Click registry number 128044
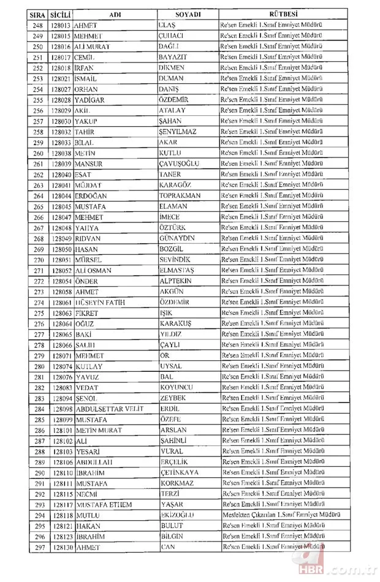click(62, 195)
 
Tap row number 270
click(39, 260)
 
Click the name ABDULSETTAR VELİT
click(110, 409)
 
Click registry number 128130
click(62, 548)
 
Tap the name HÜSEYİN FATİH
click(102, 302)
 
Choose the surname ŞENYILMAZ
click(180, 132)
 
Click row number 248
click(39, 25)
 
